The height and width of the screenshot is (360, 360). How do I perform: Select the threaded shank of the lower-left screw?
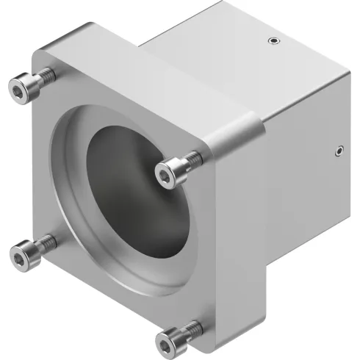click(46, 241)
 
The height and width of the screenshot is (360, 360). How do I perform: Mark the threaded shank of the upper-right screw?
click(192, 157)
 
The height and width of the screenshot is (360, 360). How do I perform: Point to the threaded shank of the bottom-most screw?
click(193, 325)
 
